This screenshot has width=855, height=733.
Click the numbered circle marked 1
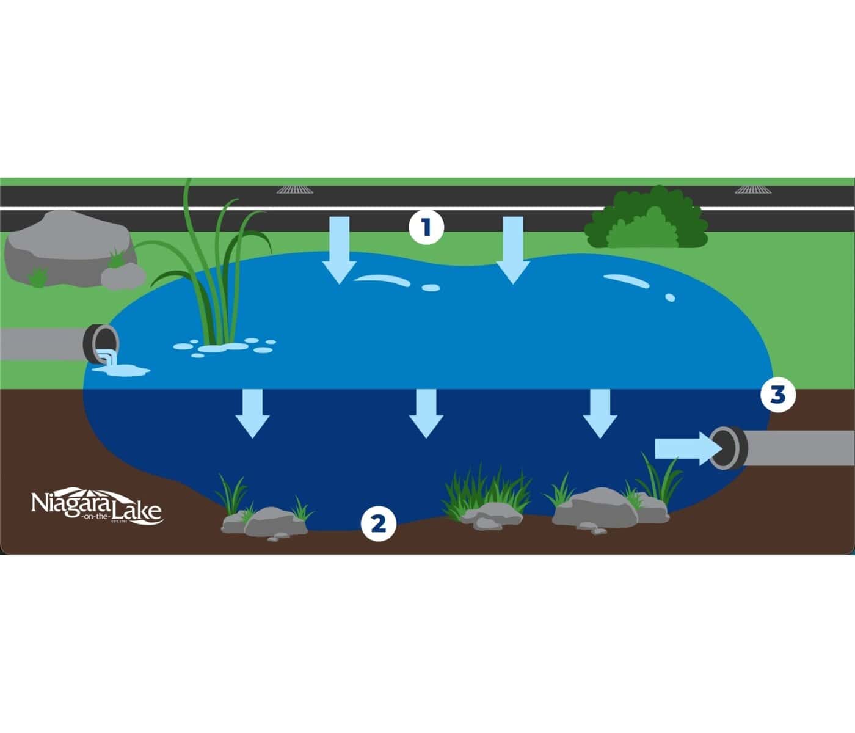pyautogui.click(x=426, y=227)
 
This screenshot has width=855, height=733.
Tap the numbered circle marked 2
pyautogui.click(x=379, y=523)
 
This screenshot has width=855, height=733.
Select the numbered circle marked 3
pyautogui.click(x=777, y=395)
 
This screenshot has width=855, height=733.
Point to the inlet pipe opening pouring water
pyautogui.click(x=102, y=344)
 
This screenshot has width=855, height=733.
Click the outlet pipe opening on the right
pyautogui.click(x=728, y=448)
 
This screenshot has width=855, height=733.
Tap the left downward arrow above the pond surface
pyautogui.click(x=339, y=249)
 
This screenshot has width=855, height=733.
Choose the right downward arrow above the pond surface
pyautogui.click(x=512, y=249)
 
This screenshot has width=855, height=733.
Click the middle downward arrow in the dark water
pyautogui.click(x=426, y=413)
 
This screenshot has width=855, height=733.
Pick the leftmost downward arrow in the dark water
pyautogui.click(x=252, y=413)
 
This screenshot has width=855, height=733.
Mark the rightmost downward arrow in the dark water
pyautogui.click(x=600, y=413)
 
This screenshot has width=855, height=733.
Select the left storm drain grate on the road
pyautogui.click(x=295, y=189)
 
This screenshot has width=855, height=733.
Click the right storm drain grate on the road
pyautogui.click(x=752, y=189)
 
